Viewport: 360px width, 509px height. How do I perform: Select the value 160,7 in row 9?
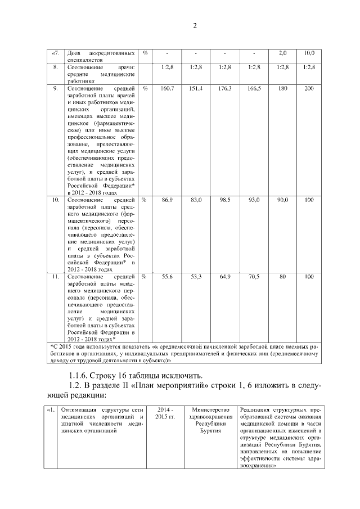pos(167,89)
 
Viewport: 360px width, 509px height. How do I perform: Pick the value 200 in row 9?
pos(309,89)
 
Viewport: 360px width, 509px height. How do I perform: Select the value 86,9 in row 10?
pos(167,200)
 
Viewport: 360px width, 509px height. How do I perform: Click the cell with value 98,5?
pos(225,200)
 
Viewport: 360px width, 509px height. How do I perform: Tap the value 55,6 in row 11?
pos(167,277)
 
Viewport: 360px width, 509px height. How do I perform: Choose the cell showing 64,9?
pos(225,277)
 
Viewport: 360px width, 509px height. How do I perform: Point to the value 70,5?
pos(254,277)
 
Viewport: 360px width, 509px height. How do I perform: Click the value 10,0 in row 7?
pos(309,53)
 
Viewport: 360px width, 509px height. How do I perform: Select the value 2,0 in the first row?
pos(283,53)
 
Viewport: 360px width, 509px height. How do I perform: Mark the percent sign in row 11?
pos(145,277)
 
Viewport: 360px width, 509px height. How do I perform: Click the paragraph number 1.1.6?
pos(80,376)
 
